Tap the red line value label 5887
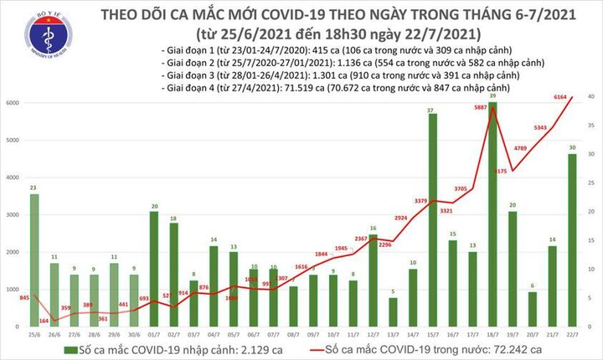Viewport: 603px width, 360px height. (x=480, y=107)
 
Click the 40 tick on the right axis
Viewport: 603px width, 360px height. (x=591, y=98)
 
